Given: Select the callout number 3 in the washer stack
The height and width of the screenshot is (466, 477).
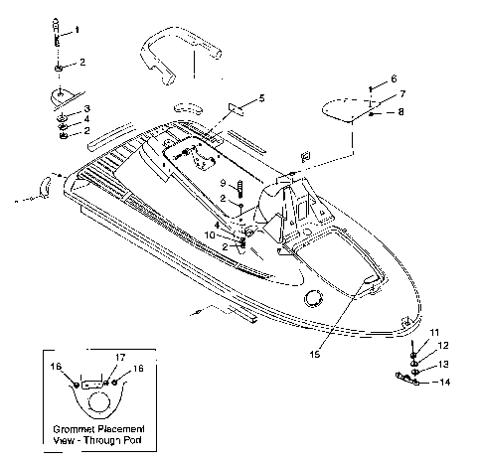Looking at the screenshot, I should coord(88,108).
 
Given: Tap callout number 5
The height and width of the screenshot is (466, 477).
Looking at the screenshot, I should coord(262,98).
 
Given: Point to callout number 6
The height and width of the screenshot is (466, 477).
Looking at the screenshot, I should coord(395,78).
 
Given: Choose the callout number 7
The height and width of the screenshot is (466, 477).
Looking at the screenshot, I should coord(401,95).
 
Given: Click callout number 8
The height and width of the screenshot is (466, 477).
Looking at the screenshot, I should coord(400,111).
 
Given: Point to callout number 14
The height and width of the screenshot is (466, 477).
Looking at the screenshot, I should coord(446,382).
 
